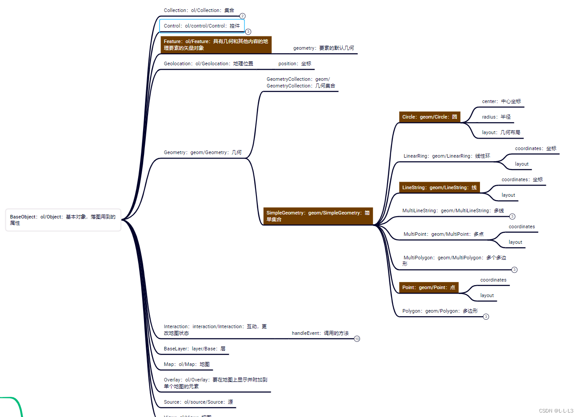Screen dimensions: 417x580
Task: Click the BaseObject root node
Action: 63,220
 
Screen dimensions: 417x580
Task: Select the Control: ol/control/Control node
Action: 202,26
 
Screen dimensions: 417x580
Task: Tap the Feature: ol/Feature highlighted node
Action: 216,45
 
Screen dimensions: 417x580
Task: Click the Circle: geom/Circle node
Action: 429,117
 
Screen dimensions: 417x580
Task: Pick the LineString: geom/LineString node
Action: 439,187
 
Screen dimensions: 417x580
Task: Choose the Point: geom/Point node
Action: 428,287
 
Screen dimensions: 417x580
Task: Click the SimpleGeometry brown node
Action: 318,216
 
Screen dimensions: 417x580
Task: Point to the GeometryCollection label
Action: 300,83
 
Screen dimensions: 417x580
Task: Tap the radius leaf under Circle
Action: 496,117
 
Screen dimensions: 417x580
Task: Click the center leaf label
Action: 501,101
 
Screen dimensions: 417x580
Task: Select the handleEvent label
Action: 320,333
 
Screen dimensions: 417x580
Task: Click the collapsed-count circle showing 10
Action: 357,339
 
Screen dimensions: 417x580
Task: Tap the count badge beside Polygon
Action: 486,317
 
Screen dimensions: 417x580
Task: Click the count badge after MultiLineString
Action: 512,217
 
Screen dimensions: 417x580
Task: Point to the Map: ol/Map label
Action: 187,364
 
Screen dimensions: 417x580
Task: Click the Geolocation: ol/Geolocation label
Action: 208,64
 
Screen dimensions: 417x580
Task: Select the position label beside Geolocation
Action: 295,64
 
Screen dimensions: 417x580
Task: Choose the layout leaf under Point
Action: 487,295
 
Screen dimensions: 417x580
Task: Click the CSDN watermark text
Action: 556,411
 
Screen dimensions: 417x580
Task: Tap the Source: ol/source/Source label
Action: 198,402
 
